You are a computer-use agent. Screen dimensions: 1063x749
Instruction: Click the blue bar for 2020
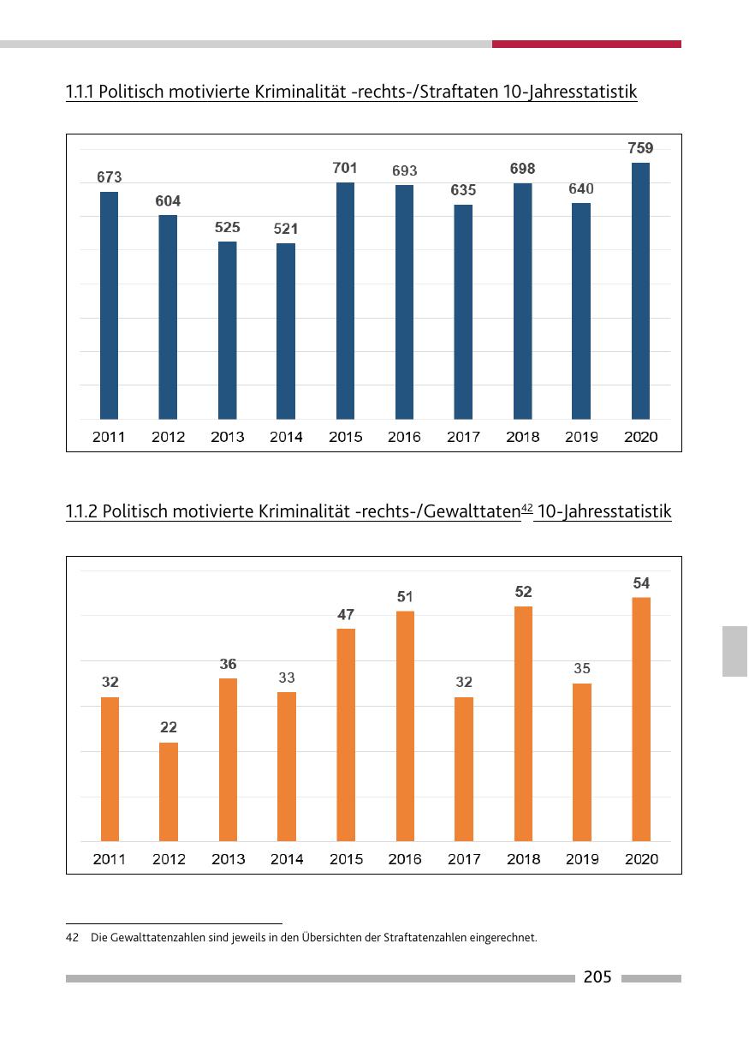click(x=640, y=291)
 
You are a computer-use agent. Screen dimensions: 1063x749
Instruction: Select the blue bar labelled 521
click(x=286, y=331)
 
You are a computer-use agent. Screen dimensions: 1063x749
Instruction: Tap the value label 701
click(x=345, y=168)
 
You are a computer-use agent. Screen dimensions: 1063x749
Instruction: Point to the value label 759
click(x=640, y=148)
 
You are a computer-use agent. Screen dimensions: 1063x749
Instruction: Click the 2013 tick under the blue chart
click(x=227, y=437)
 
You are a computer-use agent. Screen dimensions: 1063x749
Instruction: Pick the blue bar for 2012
click(x=168, y=317)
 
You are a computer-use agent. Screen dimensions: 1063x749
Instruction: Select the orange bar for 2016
click(x=405, y=726)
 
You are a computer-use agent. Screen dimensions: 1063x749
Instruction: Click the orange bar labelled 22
click(x=169, y=791)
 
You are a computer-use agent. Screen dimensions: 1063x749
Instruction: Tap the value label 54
click(x=641, y=583)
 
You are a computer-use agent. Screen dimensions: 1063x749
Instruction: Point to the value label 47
click(x=346, y=615)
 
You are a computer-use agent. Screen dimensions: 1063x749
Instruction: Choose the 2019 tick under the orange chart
click(x=582, y=859)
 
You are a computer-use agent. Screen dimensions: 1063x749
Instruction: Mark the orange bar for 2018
click(x=523, y=724)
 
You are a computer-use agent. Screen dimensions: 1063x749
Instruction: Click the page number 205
click(x=597, y=977)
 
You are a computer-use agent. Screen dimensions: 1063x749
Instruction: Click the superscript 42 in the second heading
click(x=526, y=508)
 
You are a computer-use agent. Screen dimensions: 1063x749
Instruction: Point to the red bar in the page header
click(x=586, y=44)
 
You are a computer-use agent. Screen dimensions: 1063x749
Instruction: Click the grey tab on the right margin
click(x=734, y=651)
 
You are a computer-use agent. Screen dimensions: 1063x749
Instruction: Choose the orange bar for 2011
click(x=110, y=769)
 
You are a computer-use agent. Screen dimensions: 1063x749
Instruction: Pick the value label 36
click(x=228, y=664)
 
